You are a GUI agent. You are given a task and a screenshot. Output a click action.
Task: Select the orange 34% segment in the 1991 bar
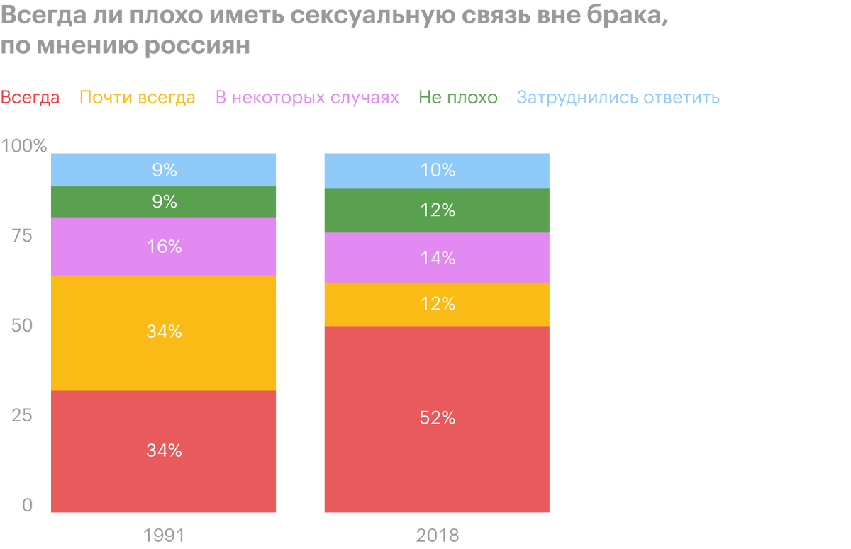coord(163,332)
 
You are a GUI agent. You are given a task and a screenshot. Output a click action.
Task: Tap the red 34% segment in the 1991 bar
coord(163,451)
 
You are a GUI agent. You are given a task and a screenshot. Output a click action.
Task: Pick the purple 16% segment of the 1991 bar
coord(163,247)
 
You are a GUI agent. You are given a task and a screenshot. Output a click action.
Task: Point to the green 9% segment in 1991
coord(163,202)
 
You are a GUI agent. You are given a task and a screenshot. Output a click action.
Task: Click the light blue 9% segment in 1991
coord(163,169)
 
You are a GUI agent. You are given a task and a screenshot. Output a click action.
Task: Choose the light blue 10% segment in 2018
coord(436,170)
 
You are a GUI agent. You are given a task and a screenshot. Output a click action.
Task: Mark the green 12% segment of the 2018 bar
coord(436,210)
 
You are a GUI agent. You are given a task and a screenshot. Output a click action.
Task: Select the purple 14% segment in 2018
coord(436,258)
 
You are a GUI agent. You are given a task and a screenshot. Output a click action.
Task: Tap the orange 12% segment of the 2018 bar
coord(436,304)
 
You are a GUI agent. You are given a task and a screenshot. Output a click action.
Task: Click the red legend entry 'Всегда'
coord(30,98)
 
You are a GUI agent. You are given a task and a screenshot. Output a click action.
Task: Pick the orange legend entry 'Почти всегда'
coord(137,98)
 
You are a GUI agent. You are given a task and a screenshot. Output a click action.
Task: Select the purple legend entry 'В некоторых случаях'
coord(307,98)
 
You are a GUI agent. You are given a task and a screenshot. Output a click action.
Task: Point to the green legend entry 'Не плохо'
coord(458,98)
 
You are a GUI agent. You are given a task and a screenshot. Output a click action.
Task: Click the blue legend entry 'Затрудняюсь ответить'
coord(618,98)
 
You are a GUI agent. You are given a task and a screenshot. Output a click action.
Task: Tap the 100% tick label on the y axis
coord(25,147)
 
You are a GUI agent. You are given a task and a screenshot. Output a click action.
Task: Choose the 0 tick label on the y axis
coord(27,506)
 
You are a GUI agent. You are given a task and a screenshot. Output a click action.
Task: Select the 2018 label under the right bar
coord(436,533)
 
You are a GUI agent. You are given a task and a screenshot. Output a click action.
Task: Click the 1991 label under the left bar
coord(163,533)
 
